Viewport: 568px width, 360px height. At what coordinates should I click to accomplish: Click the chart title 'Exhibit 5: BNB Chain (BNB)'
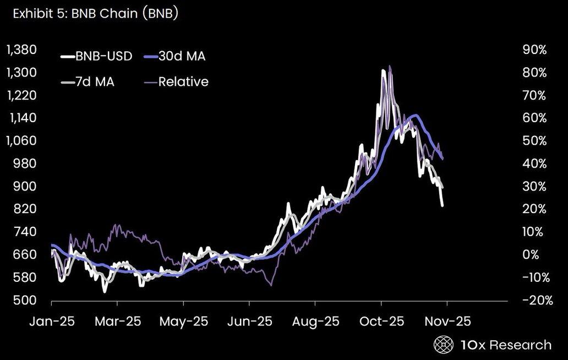coord(92,13)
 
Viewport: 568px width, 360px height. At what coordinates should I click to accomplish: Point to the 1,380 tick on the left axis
coord(21,50)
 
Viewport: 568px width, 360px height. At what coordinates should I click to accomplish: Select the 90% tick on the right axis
coord(534,50)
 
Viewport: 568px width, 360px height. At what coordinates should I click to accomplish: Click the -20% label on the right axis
coord(533,300)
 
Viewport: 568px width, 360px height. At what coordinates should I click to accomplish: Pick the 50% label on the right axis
coord(534,140)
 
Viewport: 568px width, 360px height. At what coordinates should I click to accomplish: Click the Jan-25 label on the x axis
coord(51,321)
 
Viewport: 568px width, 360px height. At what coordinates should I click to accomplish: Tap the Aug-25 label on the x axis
coord(315,321)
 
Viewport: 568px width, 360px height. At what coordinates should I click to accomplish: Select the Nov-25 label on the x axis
coord(447,321)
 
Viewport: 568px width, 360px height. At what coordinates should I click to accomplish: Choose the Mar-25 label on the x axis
coord(117,321)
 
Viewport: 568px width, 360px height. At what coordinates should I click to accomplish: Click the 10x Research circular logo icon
coord(443,345)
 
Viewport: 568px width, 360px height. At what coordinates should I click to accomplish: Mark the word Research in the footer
coord(520,345)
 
